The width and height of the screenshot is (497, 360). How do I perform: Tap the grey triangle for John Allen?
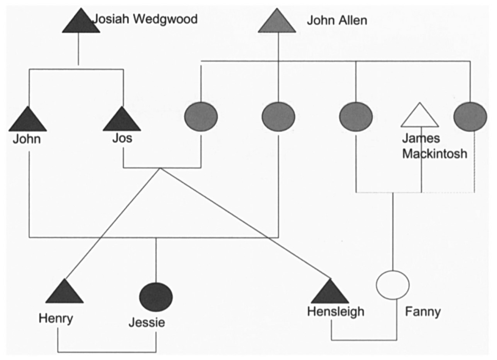[277, 23]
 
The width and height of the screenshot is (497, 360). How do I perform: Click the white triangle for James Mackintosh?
[420, 116]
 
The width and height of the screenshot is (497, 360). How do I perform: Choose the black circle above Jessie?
[156, 296]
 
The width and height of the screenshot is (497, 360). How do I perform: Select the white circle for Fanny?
[393, 285]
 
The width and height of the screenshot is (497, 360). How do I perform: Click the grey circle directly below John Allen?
[278, 116]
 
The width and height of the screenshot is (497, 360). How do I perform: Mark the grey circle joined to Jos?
[201, 116]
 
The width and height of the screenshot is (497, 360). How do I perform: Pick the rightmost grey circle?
[470, 116]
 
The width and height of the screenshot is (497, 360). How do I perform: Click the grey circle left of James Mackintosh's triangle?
[355, 116]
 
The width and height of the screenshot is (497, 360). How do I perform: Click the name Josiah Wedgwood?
[145, 20]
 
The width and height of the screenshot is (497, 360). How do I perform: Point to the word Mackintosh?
[434, 153]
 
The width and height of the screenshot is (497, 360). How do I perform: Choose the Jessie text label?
[147, 323]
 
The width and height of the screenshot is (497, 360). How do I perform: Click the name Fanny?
[423, 312]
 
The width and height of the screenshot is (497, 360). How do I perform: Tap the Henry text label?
[55, 318]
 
